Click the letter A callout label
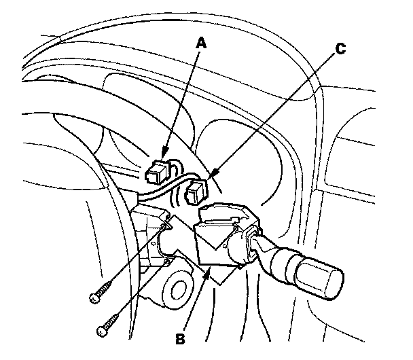[200, 43]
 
